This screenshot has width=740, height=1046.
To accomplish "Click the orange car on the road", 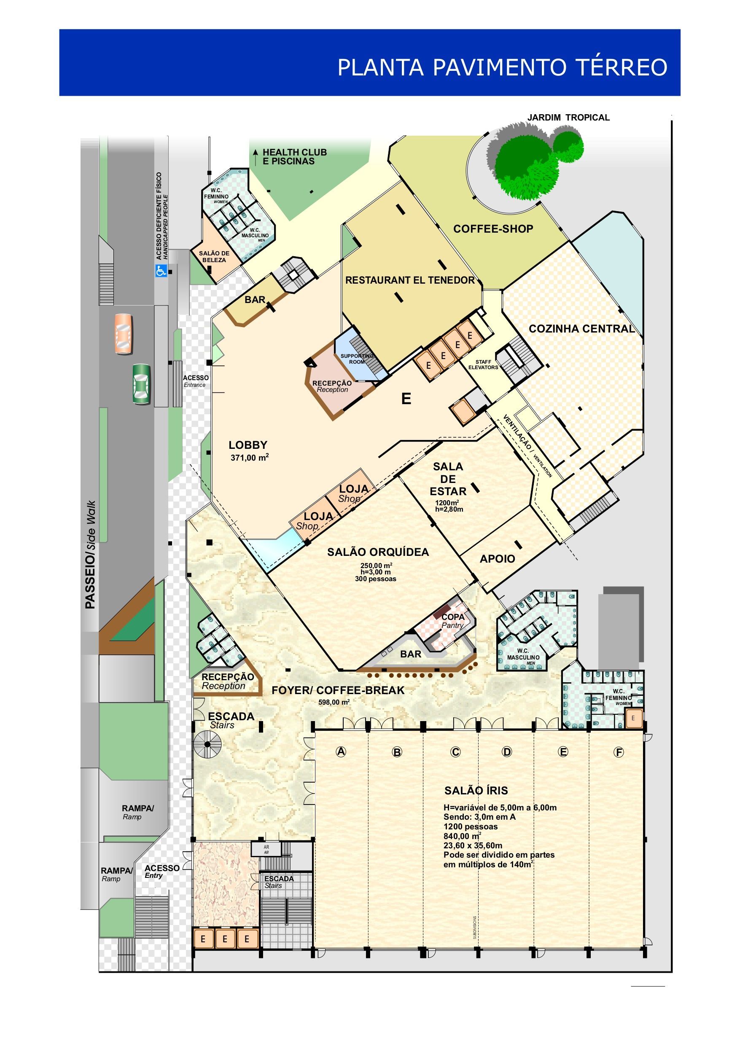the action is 124,334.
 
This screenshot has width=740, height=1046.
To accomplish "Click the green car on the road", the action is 141,384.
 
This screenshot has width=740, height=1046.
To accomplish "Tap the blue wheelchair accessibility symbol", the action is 161,271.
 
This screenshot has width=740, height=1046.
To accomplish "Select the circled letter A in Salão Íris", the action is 341,752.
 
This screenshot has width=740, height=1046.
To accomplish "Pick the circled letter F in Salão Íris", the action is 619,752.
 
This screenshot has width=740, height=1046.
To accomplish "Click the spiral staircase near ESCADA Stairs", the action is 207,744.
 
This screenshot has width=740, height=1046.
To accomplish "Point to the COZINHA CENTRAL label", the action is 582,328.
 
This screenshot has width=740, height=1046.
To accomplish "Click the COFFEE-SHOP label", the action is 493,229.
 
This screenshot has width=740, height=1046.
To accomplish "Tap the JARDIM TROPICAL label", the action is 568,118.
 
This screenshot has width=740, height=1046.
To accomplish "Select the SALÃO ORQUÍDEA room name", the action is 378,552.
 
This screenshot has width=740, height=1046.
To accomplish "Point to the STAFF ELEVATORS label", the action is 483,365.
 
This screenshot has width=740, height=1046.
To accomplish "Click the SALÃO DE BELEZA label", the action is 214,257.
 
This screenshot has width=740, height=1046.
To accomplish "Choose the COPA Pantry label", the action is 453,621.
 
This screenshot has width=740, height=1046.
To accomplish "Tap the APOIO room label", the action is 498,559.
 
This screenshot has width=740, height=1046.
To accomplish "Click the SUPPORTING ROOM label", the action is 357,359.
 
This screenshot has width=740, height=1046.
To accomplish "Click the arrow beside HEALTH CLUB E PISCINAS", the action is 256,157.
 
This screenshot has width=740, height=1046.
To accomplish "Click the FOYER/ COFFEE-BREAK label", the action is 338,690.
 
